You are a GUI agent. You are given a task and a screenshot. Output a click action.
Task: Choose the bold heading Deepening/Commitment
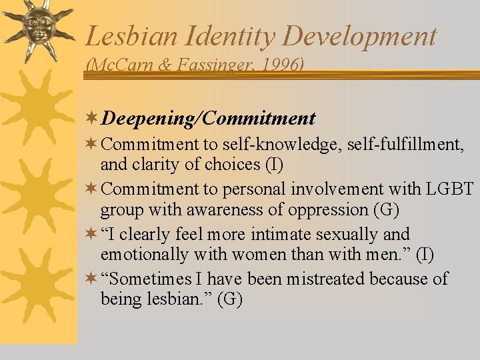pyautogui.click(x=209, y=119)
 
